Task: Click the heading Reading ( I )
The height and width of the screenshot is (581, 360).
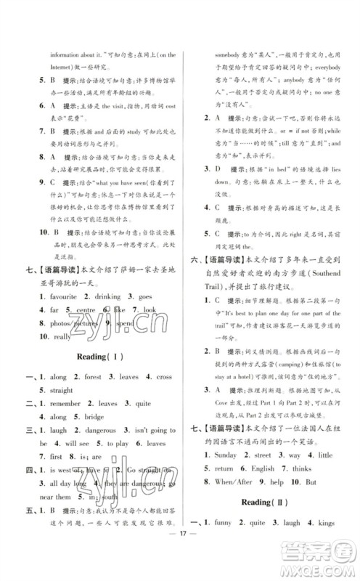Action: (x=103, y=357)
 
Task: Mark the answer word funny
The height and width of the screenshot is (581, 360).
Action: (x=224, y=542)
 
